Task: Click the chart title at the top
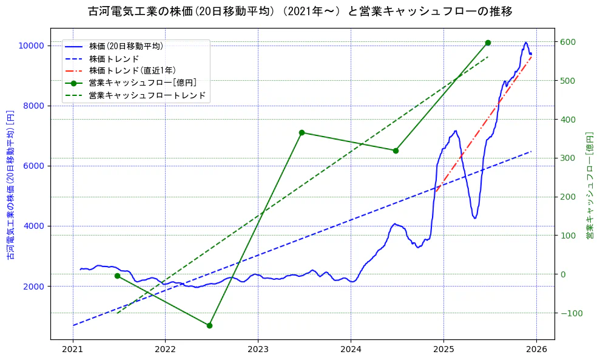300,12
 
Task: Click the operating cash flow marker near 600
488,42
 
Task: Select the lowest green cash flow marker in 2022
209,325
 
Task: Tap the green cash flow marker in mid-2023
302,132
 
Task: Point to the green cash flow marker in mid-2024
396,151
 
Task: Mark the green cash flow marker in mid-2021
117,276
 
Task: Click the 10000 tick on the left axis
30,46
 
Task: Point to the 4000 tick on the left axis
33,226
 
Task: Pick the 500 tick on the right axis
567,81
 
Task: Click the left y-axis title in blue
10,185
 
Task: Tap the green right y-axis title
589,185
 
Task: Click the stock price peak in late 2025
525,42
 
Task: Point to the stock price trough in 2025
475,218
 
